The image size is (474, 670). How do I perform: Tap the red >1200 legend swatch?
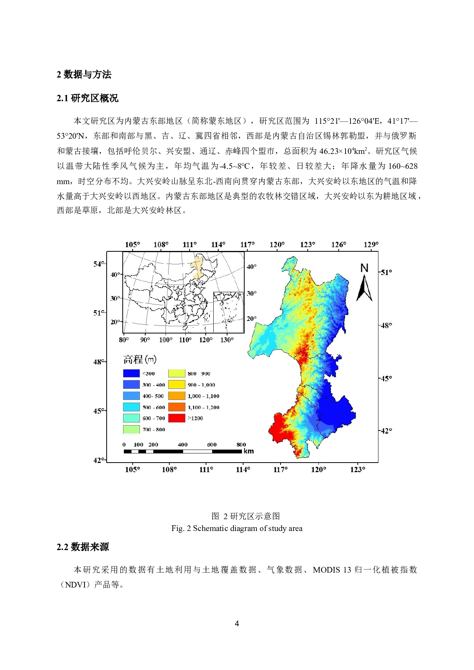(x=177, y=418)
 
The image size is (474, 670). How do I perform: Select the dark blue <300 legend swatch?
(x=131, y=373)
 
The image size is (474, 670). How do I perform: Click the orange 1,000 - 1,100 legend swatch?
(x=177, y=396)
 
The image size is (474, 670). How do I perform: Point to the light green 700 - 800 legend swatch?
(x=131, y=429)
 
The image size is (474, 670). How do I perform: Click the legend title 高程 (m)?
(x=140, y=359)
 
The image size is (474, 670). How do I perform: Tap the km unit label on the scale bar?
(x=248, y=451)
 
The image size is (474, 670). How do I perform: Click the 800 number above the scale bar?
(x=241, y=445)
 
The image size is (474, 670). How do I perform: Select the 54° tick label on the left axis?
(x=98, y=264)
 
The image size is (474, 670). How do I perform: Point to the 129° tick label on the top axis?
(x=371, y=244)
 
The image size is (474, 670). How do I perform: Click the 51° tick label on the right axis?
(x=386, y=272)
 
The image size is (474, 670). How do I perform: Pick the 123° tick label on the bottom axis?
(x=357, y=469)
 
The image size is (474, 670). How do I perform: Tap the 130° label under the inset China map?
(x=227, y=340)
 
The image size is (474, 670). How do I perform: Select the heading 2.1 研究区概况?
(x=88, y=98)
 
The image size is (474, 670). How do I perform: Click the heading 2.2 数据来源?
(x=83, y=547)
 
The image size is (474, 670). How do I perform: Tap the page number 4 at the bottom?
(x=237, y=624)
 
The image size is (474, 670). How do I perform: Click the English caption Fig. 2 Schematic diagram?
(x=237, y=528)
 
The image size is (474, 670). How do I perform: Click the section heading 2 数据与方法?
(x=84, y=74)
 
